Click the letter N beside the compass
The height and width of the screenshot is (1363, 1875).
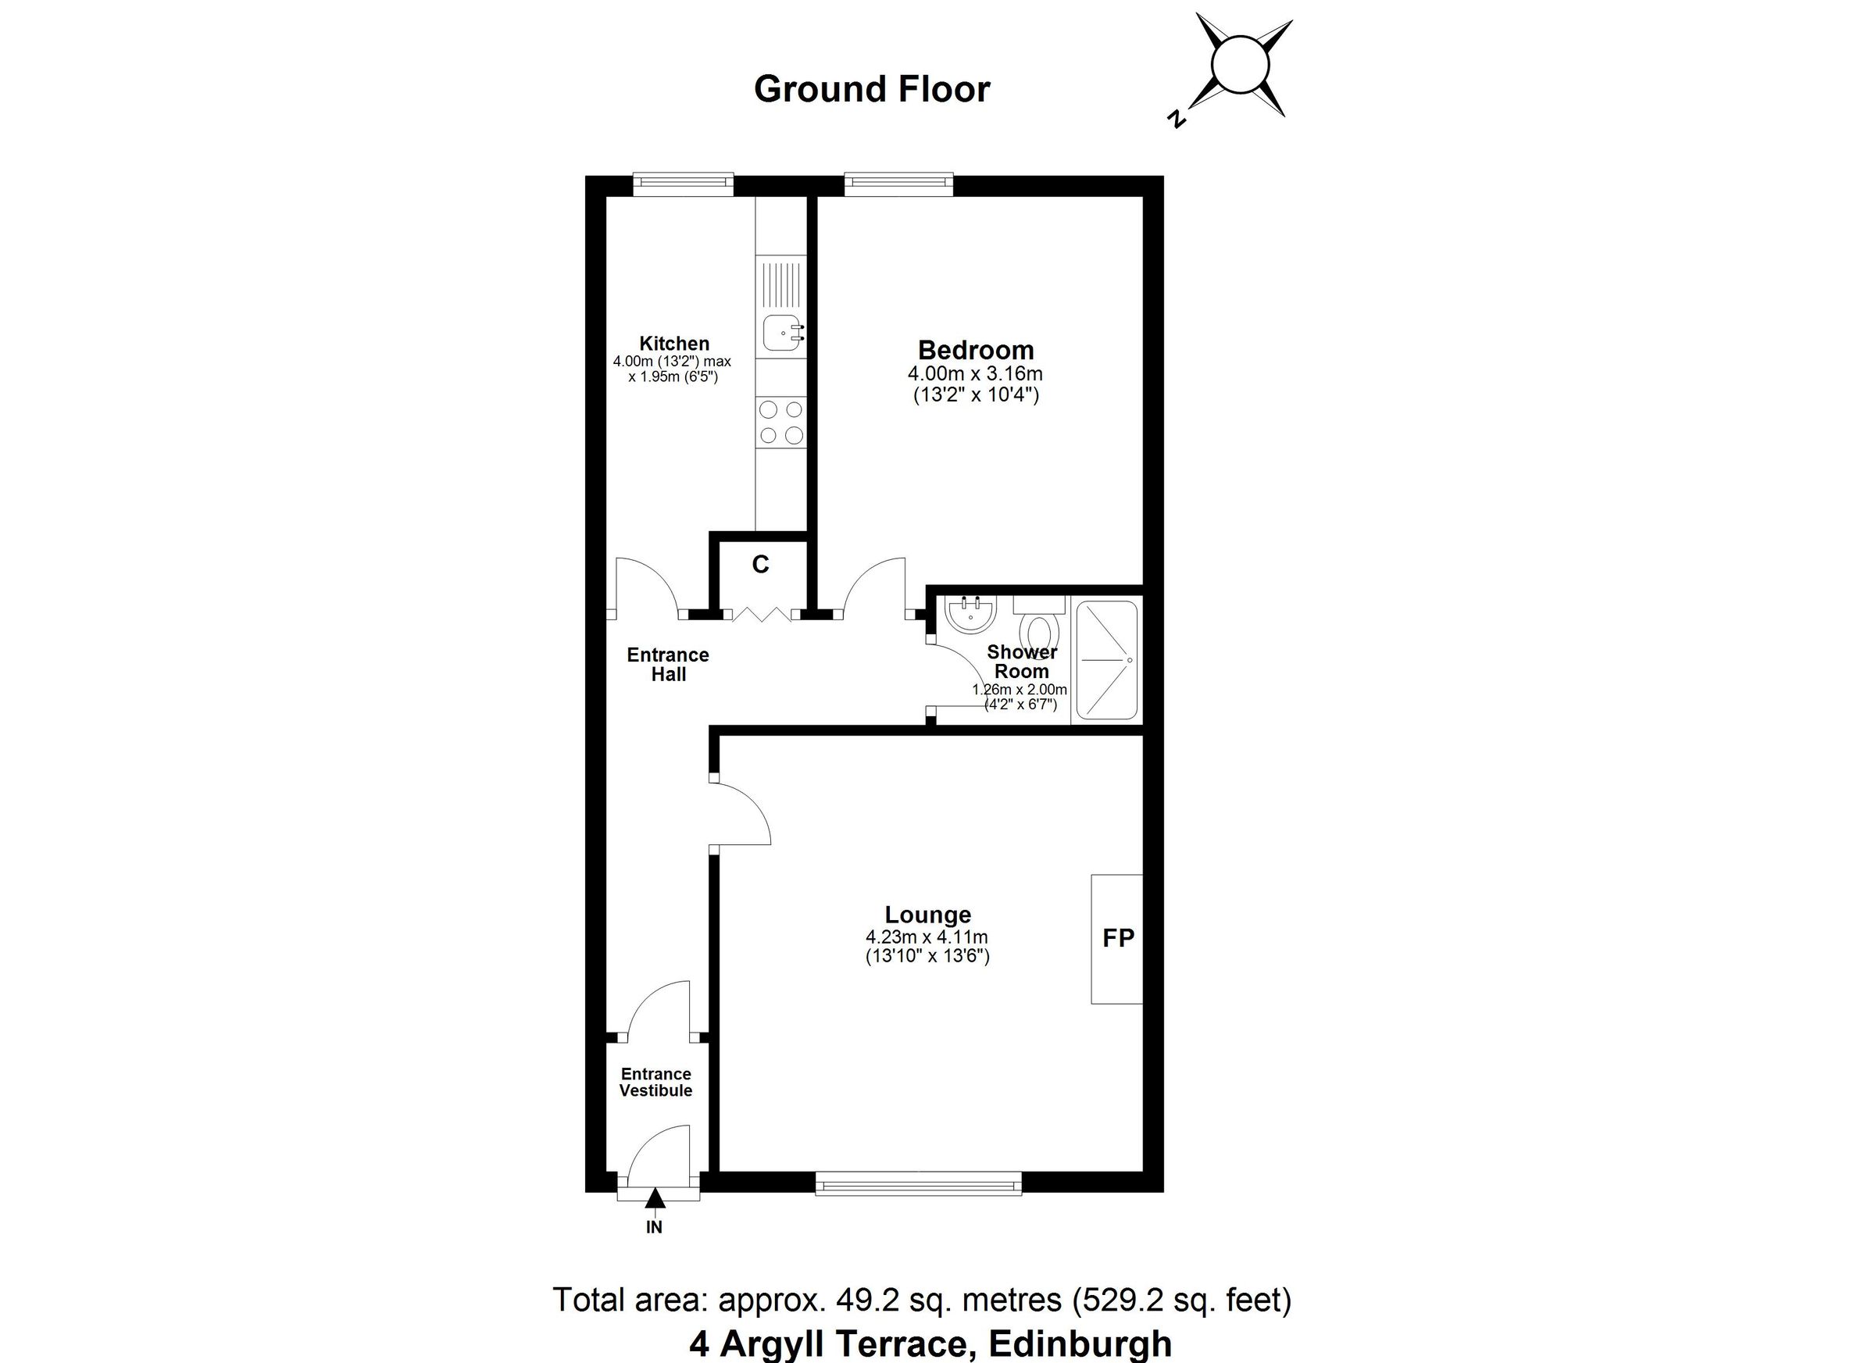[1177, 120]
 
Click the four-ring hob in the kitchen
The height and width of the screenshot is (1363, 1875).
[781, 422]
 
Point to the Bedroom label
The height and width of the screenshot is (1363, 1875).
[976, 350]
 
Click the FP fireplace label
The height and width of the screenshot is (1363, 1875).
[1119, 938]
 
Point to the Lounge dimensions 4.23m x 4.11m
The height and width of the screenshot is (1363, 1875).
[927, 937]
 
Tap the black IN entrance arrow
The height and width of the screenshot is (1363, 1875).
[655, 1198]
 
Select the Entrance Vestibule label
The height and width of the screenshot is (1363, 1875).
[655, 1082]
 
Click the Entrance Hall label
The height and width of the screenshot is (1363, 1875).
[668, 665]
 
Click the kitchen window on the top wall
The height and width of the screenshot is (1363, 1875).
[683, 184]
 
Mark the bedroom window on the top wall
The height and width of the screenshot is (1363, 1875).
[898, 184]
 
